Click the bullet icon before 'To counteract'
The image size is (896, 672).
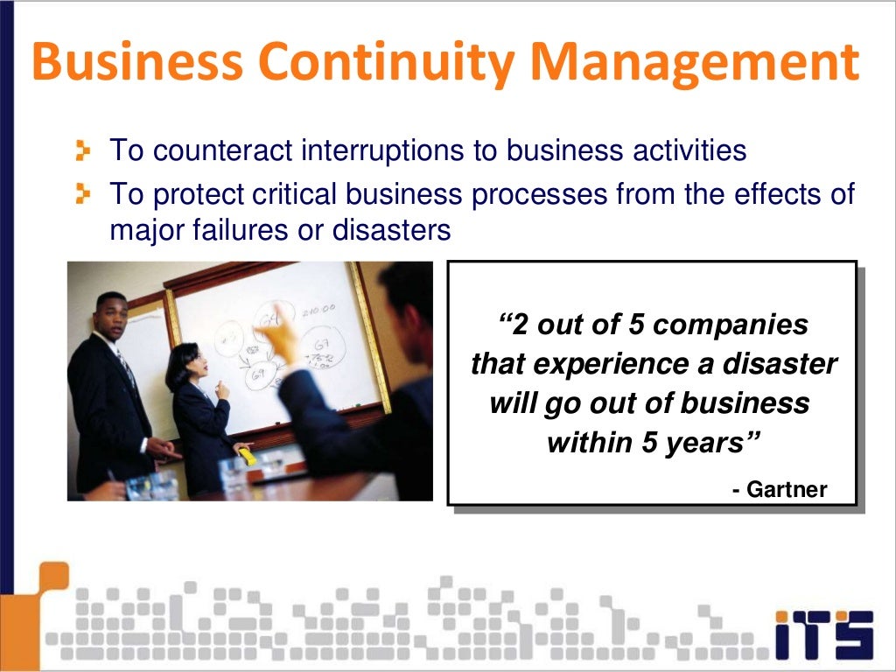pyautogui.click(x=83, y=151)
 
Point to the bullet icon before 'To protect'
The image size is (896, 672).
pyautogui.click(x=83, y=192)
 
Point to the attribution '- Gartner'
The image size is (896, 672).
pyautogui.click(x=780, y=489)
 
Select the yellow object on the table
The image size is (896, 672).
pyautogui.click(x=248, y=456)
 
